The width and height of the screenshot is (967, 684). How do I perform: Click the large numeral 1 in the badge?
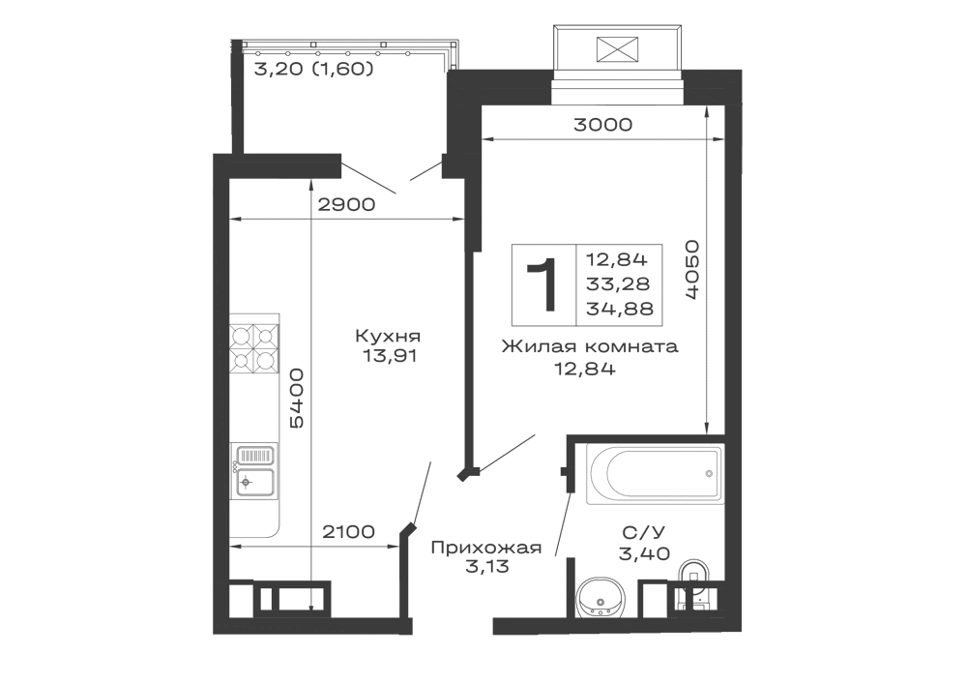point(545,285)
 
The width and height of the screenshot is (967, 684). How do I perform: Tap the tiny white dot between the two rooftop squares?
point(630,49)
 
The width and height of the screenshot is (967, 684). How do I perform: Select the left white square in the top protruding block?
point(580,45)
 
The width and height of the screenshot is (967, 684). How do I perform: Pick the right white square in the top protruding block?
point(659,45)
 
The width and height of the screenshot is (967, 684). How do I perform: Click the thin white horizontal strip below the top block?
point(618,97)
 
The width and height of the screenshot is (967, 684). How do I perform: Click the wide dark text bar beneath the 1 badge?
point(588,346)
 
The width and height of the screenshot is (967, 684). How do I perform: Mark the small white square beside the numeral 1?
point(583,266)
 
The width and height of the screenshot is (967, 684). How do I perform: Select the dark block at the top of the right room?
point(603,124)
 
